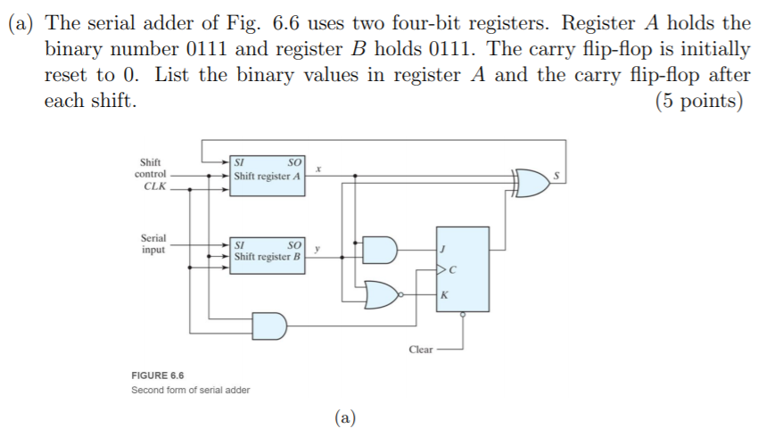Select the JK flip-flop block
tap(462, 268)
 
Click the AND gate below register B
tap(270, 326)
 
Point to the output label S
tap(558, 176)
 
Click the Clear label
tap(420, 350)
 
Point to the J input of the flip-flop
tap(443, 250)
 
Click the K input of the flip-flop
tap(443, 293)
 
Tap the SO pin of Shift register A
tap(296, 162)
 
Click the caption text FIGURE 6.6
tap(157, 375)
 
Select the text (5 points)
tap(698, 100)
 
